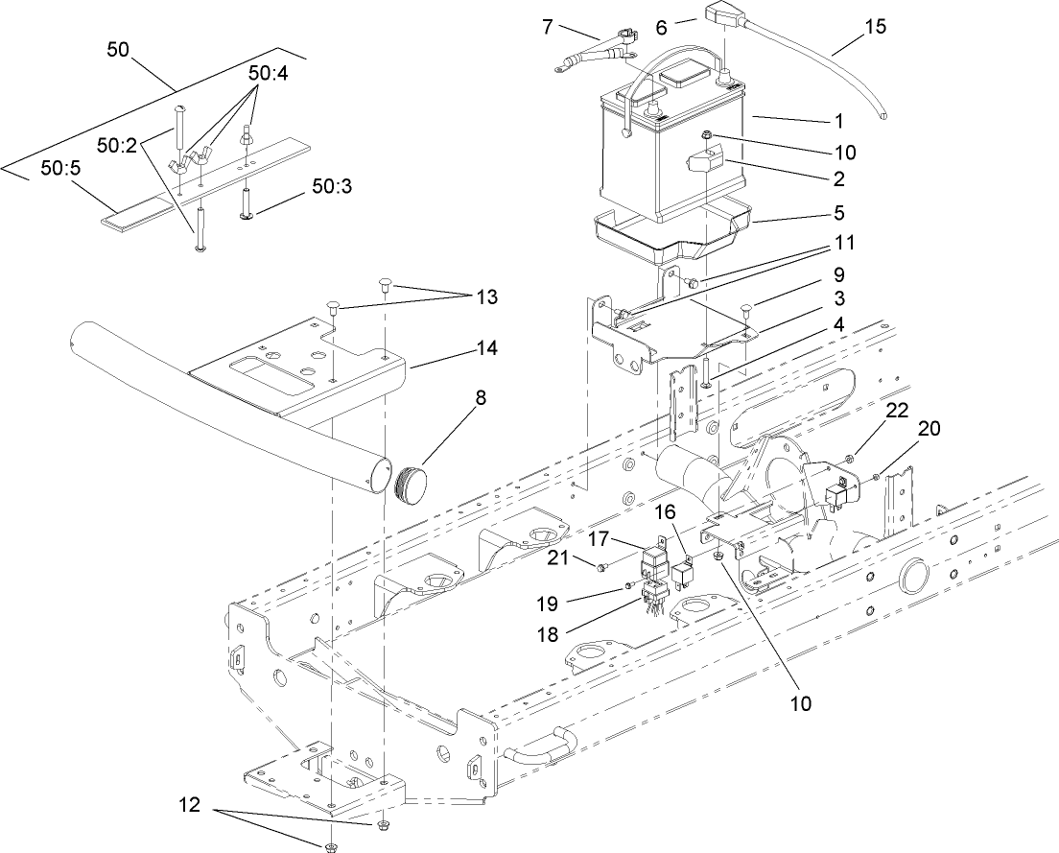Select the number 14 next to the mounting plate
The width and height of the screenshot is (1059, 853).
pos(486,348)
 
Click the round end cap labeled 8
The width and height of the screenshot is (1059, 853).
pos(412,480)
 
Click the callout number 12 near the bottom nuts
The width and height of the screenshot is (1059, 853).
pos(190,807)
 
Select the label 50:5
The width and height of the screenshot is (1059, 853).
pos(60,168)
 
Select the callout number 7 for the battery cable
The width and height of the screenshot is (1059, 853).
pos(548,26)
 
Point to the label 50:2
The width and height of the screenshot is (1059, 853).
pos(117,145)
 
